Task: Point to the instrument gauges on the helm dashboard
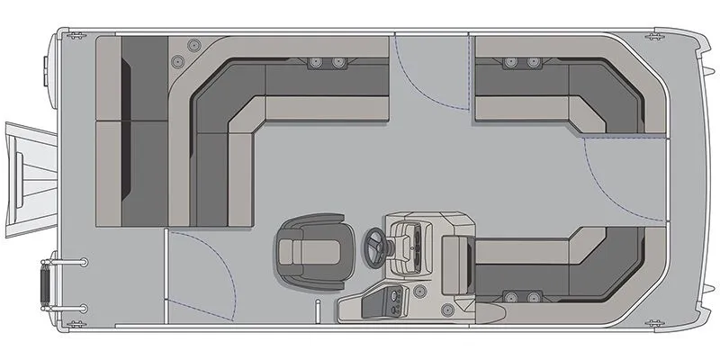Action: click(416, 241)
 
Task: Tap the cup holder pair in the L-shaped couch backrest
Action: click(327, 62)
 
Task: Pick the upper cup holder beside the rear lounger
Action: click(192, 45)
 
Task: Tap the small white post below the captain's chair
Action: click(317, 310)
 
